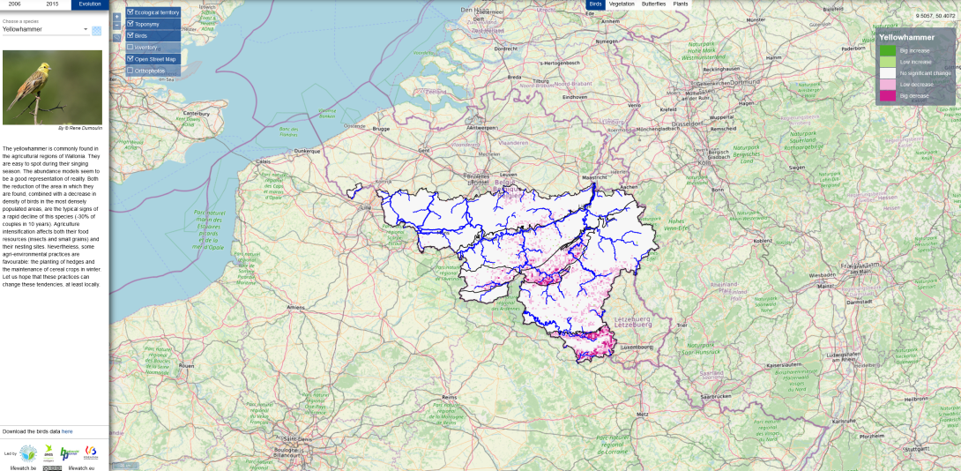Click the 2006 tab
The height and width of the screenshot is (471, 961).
(14, 4)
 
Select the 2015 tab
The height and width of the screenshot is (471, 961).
(52, 4)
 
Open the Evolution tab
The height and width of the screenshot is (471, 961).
(90, 4)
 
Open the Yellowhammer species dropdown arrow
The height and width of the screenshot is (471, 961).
(86, 30)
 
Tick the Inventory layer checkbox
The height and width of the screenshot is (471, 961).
(130, 47)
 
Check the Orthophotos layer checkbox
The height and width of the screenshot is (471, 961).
(130, 70)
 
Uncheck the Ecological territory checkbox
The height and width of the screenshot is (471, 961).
(130, 12)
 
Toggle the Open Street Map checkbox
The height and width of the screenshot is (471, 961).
(130, 58)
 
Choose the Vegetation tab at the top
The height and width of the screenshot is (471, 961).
(621, 4)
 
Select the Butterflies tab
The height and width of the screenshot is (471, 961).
(653, 4)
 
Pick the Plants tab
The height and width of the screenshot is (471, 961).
(681, 4)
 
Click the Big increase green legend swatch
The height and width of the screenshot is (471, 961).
(887, 50)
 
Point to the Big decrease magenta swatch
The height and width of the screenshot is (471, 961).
(887, 95)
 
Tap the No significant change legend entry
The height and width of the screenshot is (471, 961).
(924, 73)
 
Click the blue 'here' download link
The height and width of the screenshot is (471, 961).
(67, 431)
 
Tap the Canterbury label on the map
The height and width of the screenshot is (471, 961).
(196, 113)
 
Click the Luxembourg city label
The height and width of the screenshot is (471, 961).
(637, 348)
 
